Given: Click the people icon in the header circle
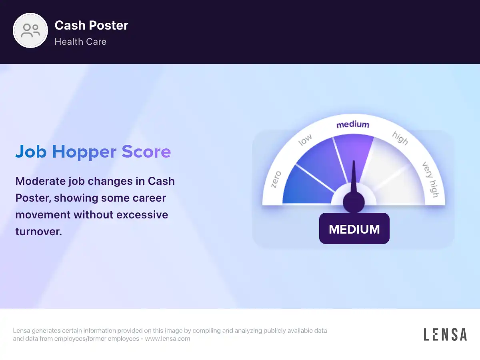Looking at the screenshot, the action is point(30,31).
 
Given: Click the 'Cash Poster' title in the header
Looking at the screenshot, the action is point(92,25).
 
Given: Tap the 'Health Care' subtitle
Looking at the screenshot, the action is point(80,42).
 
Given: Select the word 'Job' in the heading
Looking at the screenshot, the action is point(31,151).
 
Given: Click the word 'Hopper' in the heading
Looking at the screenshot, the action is point(84,152).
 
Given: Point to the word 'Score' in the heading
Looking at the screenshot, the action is point(146,152).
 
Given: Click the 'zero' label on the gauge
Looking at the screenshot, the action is point(276,180).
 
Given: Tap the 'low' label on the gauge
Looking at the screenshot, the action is point(305,140).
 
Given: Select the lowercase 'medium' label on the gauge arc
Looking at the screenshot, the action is point(353,124).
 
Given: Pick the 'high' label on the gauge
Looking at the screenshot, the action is point(400,138).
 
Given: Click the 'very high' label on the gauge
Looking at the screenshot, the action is point(430,180).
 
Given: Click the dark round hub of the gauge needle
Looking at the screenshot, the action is point(354,202).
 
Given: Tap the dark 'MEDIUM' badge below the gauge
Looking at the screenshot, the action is point(354,228).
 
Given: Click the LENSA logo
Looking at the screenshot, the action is point(445,334).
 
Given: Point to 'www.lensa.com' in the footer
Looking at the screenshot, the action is point(168,338).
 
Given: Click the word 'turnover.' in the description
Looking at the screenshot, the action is point(39,232).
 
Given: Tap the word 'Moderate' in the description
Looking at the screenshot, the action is point(40,181).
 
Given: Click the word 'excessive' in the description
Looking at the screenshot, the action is point(142,215).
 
